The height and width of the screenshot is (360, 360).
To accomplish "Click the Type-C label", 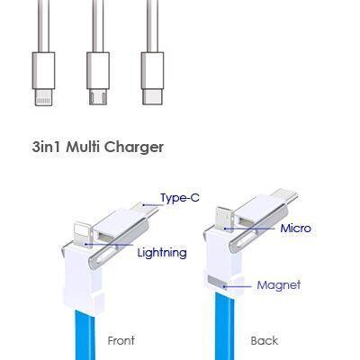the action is pos(180,198).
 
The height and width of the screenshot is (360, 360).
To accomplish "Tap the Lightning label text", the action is pos(162,253).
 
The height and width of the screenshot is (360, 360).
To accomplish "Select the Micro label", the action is pos(295,229).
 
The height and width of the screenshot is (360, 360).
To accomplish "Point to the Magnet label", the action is pos(279,285).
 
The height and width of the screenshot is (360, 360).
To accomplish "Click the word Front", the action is pos(121,340).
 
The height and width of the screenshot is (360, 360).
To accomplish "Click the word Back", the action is pos(265,340).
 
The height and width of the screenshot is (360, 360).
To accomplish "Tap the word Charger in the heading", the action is pos(134,148).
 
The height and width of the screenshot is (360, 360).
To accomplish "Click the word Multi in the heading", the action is pos(84,147).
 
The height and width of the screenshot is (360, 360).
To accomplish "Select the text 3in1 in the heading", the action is pos(48,147).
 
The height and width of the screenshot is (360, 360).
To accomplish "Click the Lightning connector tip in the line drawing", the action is pos(44,97).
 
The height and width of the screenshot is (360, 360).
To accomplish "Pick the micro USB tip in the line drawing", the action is pos(98,96).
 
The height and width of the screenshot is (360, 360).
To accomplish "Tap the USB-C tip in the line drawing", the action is pos(152,96).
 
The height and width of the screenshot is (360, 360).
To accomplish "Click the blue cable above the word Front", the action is pos(85,335).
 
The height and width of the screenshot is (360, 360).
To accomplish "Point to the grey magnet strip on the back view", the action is pos(217,282).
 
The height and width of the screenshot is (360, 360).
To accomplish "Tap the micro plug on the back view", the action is pos(224,218).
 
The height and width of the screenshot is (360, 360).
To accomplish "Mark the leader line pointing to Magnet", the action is pos(238,286).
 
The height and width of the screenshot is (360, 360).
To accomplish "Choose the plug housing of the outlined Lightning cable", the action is pos(44,70).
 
